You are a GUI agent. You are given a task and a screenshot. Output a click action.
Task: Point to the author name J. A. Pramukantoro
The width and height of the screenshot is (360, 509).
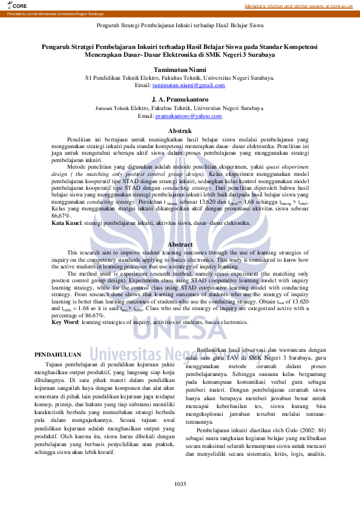coord(180,99)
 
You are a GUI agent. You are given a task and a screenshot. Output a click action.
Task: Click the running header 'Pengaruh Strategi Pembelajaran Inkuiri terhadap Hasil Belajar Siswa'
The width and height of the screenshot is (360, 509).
coord(180,27)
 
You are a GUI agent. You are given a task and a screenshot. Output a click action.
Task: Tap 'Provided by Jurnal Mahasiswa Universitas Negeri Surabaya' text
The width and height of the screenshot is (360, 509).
coord(48,13)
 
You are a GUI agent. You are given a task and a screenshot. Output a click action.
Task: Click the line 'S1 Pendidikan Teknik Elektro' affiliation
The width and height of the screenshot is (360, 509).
coord(180,78)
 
